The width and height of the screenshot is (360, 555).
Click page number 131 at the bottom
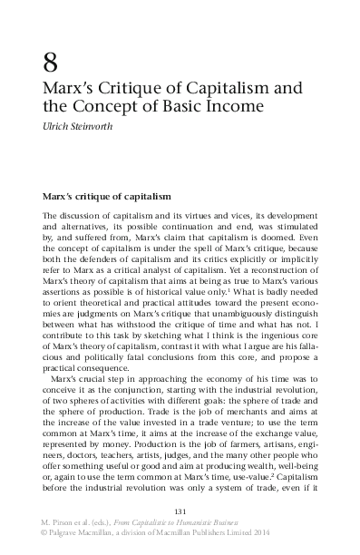click(180, 511)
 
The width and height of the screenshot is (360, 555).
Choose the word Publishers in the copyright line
click(238, 535)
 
